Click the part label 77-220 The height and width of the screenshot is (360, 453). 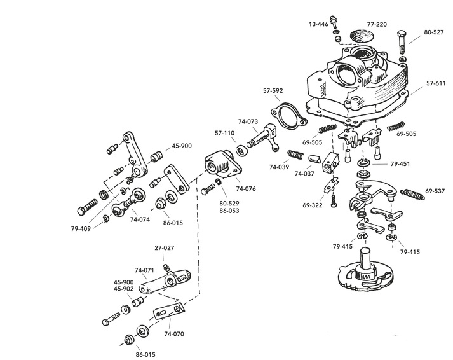click(x=377, y=24)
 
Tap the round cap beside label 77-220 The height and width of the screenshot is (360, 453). click(x=362, y=36)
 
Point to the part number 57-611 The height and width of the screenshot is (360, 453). click(x=436, y=83)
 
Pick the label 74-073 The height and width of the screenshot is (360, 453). click(x=248, y=121)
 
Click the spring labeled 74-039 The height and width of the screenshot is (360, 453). click(x=295, y=155)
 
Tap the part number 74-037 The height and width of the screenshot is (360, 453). click(x=304, y=174)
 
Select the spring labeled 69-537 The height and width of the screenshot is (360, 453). click(x=413, y=194)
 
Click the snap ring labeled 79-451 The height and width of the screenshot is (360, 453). click(x=363, y=163)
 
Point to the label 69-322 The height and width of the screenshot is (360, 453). click(x=313, y=205)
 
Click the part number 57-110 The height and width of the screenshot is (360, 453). click(x=224, y=134)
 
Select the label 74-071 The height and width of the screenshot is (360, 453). click(x=144, y=270)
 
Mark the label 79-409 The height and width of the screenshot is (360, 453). click(x=81, y=229)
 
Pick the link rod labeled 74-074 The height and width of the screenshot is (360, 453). click(x=128, y=202)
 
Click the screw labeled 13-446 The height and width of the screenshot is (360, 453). click(x=334, y=20)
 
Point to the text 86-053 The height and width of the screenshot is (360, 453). click(x=229, y=211)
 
